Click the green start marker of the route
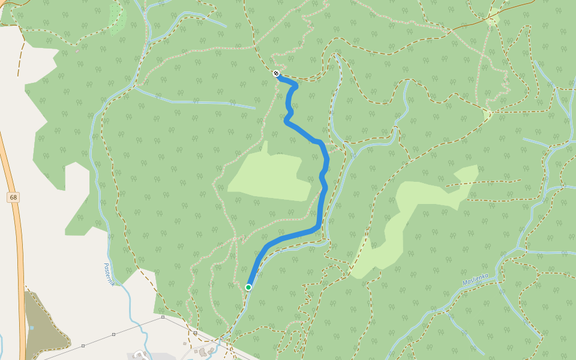tap(248, 287)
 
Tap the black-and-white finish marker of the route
tap(276, 73)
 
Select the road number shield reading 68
tap(13, 197)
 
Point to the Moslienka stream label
tap(475, 279)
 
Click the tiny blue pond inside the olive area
tap(32, 328)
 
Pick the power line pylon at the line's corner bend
tap(163, 317)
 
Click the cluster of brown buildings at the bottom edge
tap(207, 350)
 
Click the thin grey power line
tap(120, 333)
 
